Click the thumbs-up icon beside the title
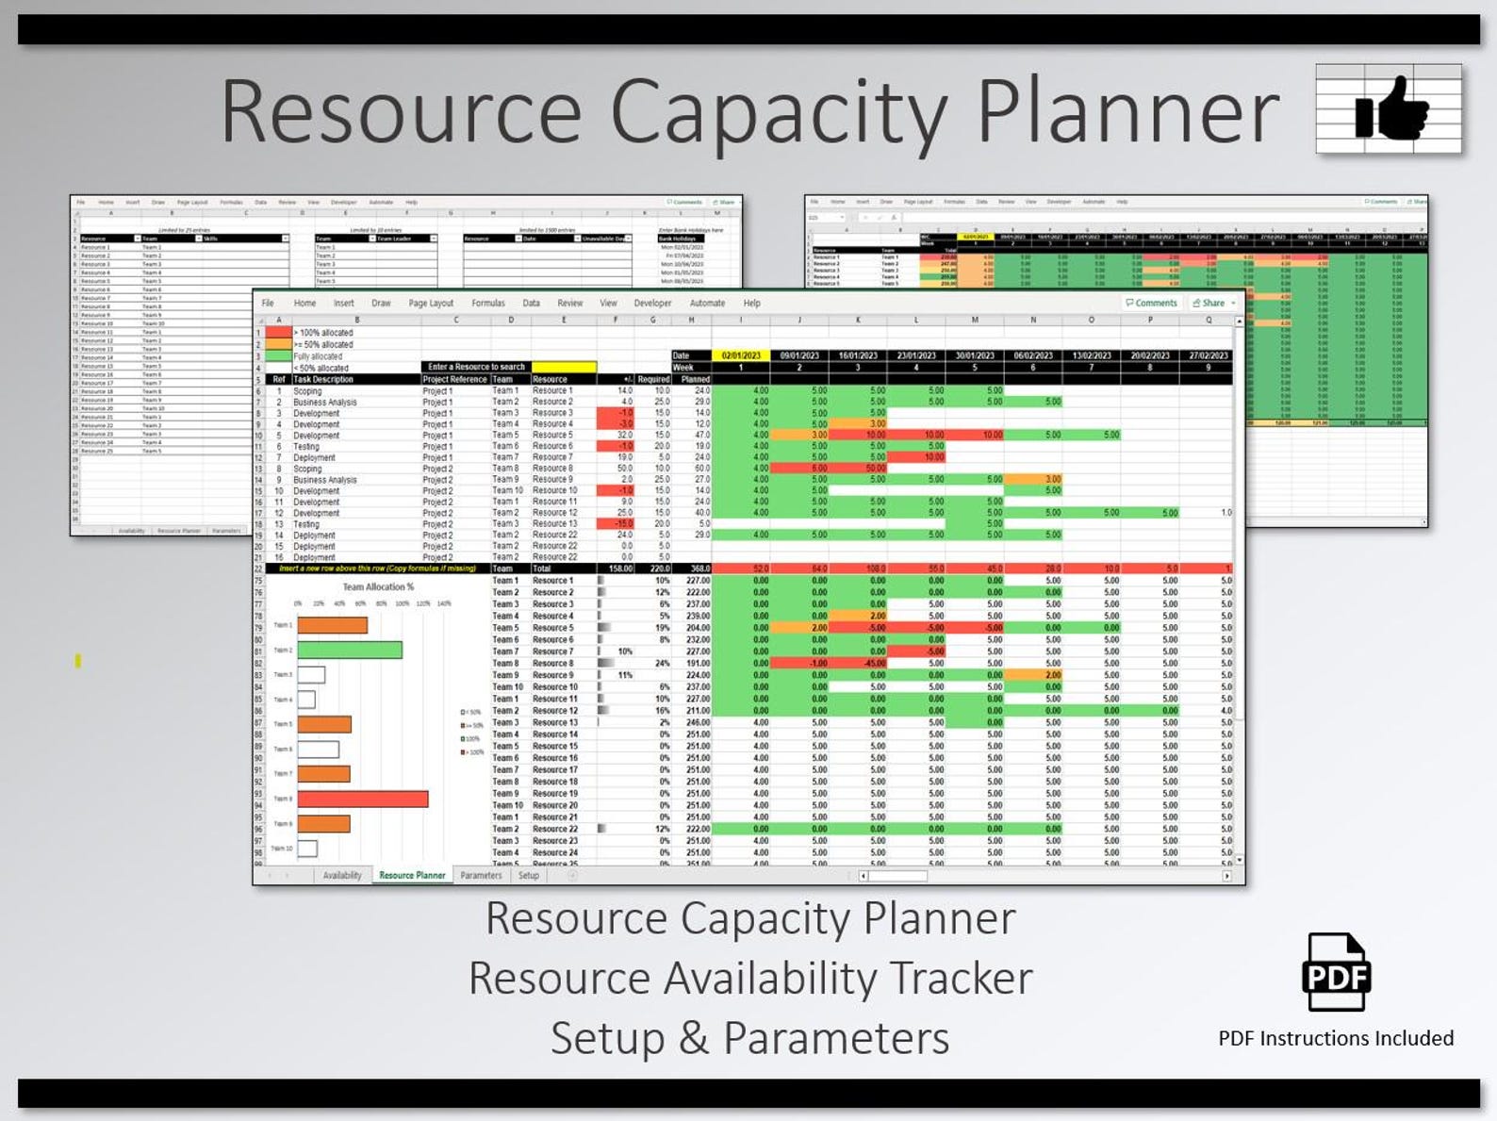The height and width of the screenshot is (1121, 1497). click(x=1390, y=109)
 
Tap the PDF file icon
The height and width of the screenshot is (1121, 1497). click(x=1336, y=972)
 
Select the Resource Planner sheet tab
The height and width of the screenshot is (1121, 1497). click(x=412, y=875)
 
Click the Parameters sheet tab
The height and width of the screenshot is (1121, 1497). click(x=481, y=875)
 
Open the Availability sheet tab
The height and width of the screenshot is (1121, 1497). click(x=342, y=875)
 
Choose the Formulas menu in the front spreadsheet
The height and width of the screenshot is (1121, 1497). click(x=488, y=304)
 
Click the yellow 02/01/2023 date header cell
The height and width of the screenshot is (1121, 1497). click(x=741, y=355)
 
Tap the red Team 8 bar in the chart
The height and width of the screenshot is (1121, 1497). click(x=363, y=799)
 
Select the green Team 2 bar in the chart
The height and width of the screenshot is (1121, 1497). click(x=350, y=650)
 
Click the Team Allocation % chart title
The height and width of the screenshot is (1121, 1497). click(x=378, y=586)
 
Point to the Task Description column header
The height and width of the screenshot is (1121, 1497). click(x=323, y=379)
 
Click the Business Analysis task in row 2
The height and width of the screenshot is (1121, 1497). click(x=325, y=402)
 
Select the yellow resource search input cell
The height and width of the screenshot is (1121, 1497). click(x=564, y=367)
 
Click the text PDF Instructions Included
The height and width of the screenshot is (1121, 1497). click(x=1335, y=1038)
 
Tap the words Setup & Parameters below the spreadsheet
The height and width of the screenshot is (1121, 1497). click(x=749, y=1038)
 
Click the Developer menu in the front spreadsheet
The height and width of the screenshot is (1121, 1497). click(x=652, y=304)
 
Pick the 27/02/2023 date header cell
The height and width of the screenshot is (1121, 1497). click(x=1208, y=355)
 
